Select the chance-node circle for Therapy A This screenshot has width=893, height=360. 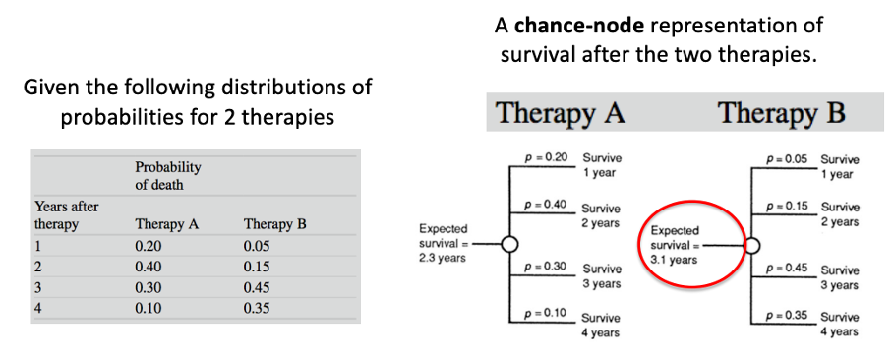(510, 244)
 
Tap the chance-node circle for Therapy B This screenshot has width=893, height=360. (750, 244)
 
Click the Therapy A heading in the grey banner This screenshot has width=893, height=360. (561, 113)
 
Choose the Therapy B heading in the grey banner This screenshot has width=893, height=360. (781, 113)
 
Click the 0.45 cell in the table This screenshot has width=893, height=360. (257, 287)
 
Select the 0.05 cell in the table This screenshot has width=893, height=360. (257, 245)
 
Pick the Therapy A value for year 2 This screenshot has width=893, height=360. (149, 267)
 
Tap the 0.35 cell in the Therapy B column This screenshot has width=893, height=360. (257, 308)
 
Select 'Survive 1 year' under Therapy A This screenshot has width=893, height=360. (601, 164)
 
